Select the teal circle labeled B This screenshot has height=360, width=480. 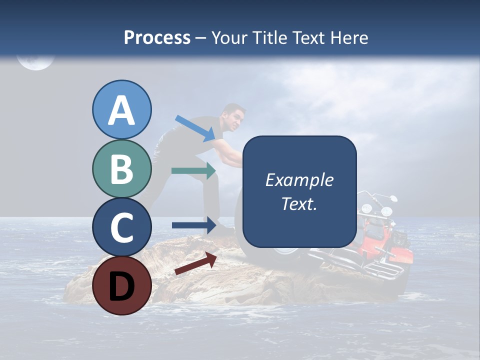121,169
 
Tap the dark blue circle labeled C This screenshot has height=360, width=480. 121,227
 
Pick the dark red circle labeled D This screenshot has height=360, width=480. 121,285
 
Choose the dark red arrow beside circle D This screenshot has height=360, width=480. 195,263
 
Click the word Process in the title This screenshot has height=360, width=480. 157,37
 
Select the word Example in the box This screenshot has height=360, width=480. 299,180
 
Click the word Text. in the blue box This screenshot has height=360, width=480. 299,204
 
